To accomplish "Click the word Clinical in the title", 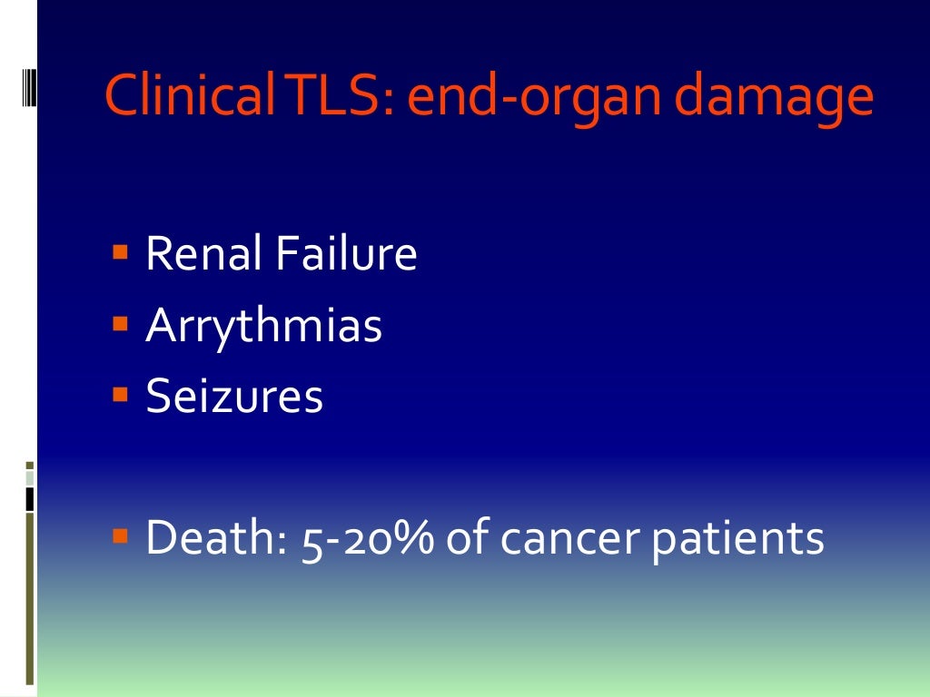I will (x=173, y=98).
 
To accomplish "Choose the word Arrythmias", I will (x=263, y=327).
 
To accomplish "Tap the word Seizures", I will (x=234, y=397).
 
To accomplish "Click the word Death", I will (x=212, y=537).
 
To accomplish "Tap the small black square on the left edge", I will (x=29, y=498).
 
